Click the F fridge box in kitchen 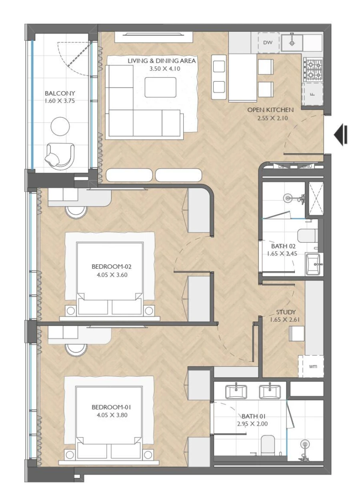[x=312, y=94]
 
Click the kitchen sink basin [x=292, y=43]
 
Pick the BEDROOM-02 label [x=112, y=266]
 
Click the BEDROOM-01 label [x=112, y=407]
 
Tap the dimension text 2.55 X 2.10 [x=270, y=118]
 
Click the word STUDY [x=286, y=312]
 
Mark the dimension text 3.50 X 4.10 [x=162, y=68]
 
